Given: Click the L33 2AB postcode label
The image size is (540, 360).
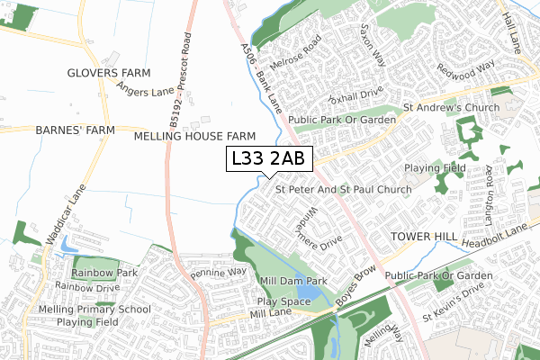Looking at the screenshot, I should pyautogui.click(x=268, y=159).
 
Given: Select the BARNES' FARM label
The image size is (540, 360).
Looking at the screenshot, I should pyautogui.click(x=76, y=130).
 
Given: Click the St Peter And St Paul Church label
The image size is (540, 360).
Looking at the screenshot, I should pyautogui.click(x=343, y=190).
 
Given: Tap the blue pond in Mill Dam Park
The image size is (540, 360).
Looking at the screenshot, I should pyautogui.click(x=307, y=292).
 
